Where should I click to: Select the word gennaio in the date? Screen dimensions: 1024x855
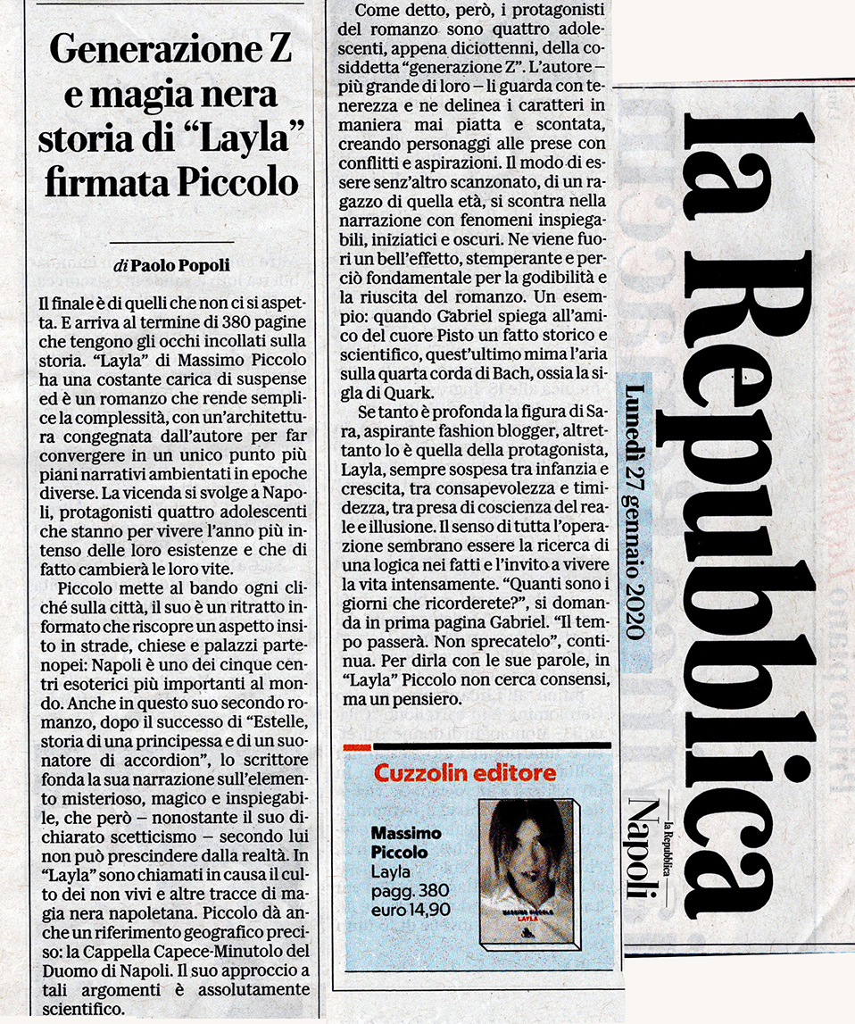[x=633, y=530]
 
